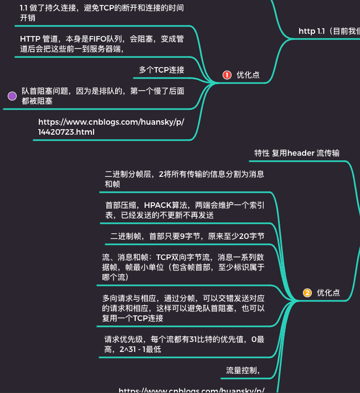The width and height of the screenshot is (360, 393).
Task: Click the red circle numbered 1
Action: [x=227, y=75]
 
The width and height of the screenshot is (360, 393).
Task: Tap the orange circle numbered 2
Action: [x=307, y=293]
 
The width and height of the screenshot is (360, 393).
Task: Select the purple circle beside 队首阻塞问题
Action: [x=12, y=96]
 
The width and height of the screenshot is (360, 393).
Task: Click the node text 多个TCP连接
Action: [x=162, y=70]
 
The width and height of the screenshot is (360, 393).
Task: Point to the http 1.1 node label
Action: [x=311, y=32]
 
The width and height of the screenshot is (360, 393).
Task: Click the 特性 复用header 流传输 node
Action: [x=297, y=153]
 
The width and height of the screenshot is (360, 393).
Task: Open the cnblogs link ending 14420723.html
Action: [x=111, y=127]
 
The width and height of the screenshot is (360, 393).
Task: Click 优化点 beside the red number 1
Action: [x=248, y=75]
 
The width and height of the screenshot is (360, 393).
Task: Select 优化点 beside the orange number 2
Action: [x=328, y=293]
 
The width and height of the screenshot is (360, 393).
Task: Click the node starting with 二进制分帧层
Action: [x=184, y=179]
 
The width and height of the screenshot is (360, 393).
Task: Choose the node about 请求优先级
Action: [x=184, y=345]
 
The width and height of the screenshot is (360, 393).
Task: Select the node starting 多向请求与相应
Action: [x=183, y=308]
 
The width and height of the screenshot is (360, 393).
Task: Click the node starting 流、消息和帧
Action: [x=183, y=267]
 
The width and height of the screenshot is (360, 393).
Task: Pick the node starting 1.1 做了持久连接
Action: [x=101, y=13]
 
